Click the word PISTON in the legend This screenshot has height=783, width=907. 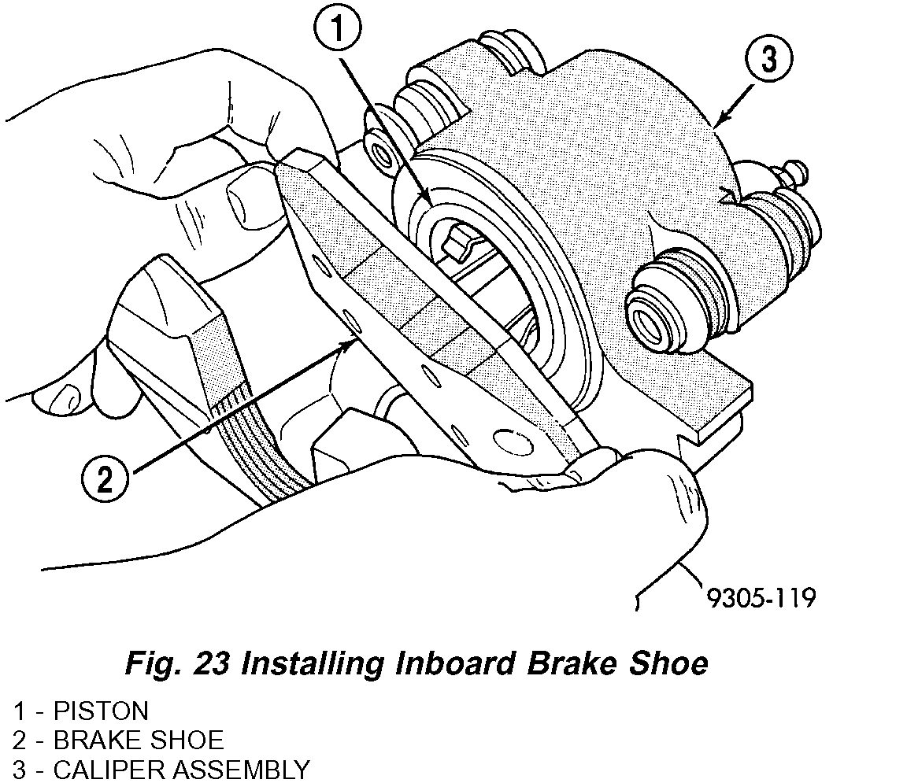coord(100,711)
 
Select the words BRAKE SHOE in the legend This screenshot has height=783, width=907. coord(138,740)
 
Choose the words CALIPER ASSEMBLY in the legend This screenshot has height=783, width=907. coord(181,769)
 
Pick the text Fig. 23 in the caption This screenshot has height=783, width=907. coord(178,663)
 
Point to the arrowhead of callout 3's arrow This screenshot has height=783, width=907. coord(714,124)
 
